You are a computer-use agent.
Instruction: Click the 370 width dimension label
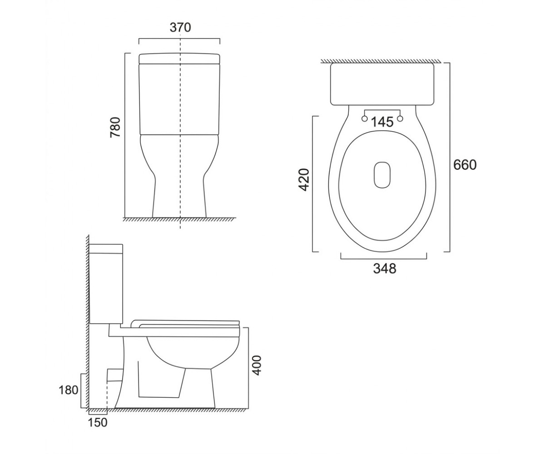[x=180, y=27]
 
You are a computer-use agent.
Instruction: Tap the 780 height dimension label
[x=115, y=127]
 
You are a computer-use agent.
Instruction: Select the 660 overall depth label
[x=465, y=165]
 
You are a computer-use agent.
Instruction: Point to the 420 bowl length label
[x=304, y=180]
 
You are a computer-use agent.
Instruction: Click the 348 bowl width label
[x=385, y=268]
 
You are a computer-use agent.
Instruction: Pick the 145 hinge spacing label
[x=382, y=122]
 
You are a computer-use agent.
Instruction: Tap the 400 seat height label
[x=257, y=365]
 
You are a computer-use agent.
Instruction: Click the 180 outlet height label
[x=69, y=390]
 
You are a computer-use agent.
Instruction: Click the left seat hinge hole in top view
[x=364, y=118]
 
